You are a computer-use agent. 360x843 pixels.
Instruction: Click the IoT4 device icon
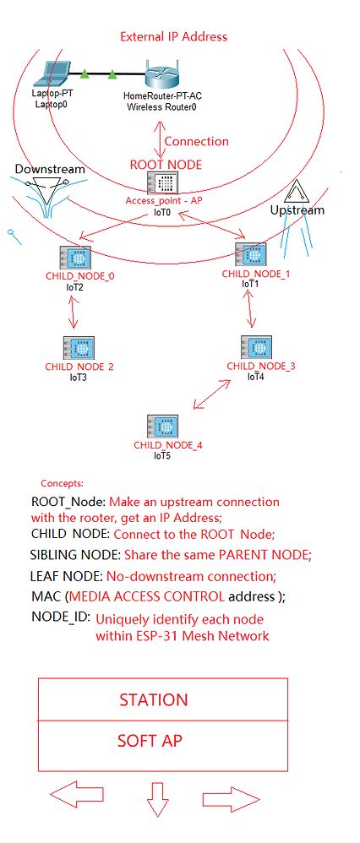point(255,346)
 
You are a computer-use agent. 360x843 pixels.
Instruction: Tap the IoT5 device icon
point(161,426)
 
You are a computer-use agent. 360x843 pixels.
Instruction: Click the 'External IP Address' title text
point(173,36)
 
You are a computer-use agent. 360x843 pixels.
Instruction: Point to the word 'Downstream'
point(50,170)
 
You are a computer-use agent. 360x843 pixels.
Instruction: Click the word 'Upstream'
point(296,209)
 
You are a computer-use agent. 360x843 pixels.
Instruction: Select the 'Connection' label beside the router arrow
point(196,141)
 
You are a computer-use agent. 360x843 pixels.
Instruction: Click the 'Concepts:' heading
point(62,484)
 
